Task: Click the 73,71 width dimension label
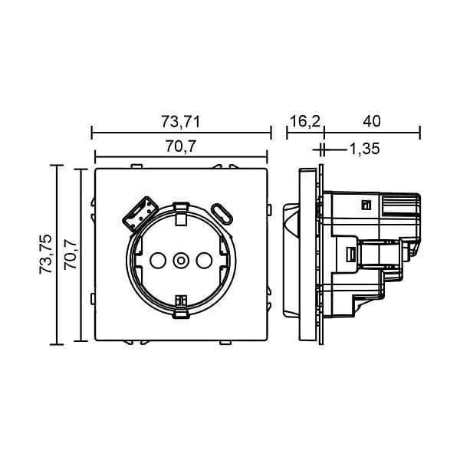coord(180,121)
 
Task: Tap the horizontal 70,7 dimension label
coord(180,146)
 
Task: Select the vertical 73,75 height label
coord(46,255)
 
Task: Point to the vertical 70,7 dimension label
coord(71,255)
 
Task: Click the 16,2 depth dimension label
coord(305,121)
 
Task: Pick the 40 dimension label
coord(372,121)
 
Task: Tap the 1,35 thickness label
coord(365,149)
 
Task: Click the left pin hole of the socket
coord(158,260)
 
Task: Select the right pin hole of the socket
coord(204,260)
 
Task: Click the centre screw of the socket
coord(181,260)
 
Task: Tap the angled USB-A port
coord(140,214)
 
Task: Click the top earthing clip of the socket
coord(181,214)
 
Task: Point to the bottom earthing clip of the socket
coord(181,307)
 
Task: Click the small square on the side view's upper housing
coord(366,205)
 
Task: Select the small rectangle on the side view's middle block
coord(351,254)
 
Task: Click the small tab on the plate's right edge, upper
coord(269,209)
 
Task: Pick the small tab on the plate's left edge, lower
coord(93,299)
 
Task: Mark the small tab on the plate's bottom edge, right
coord(225,343)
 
